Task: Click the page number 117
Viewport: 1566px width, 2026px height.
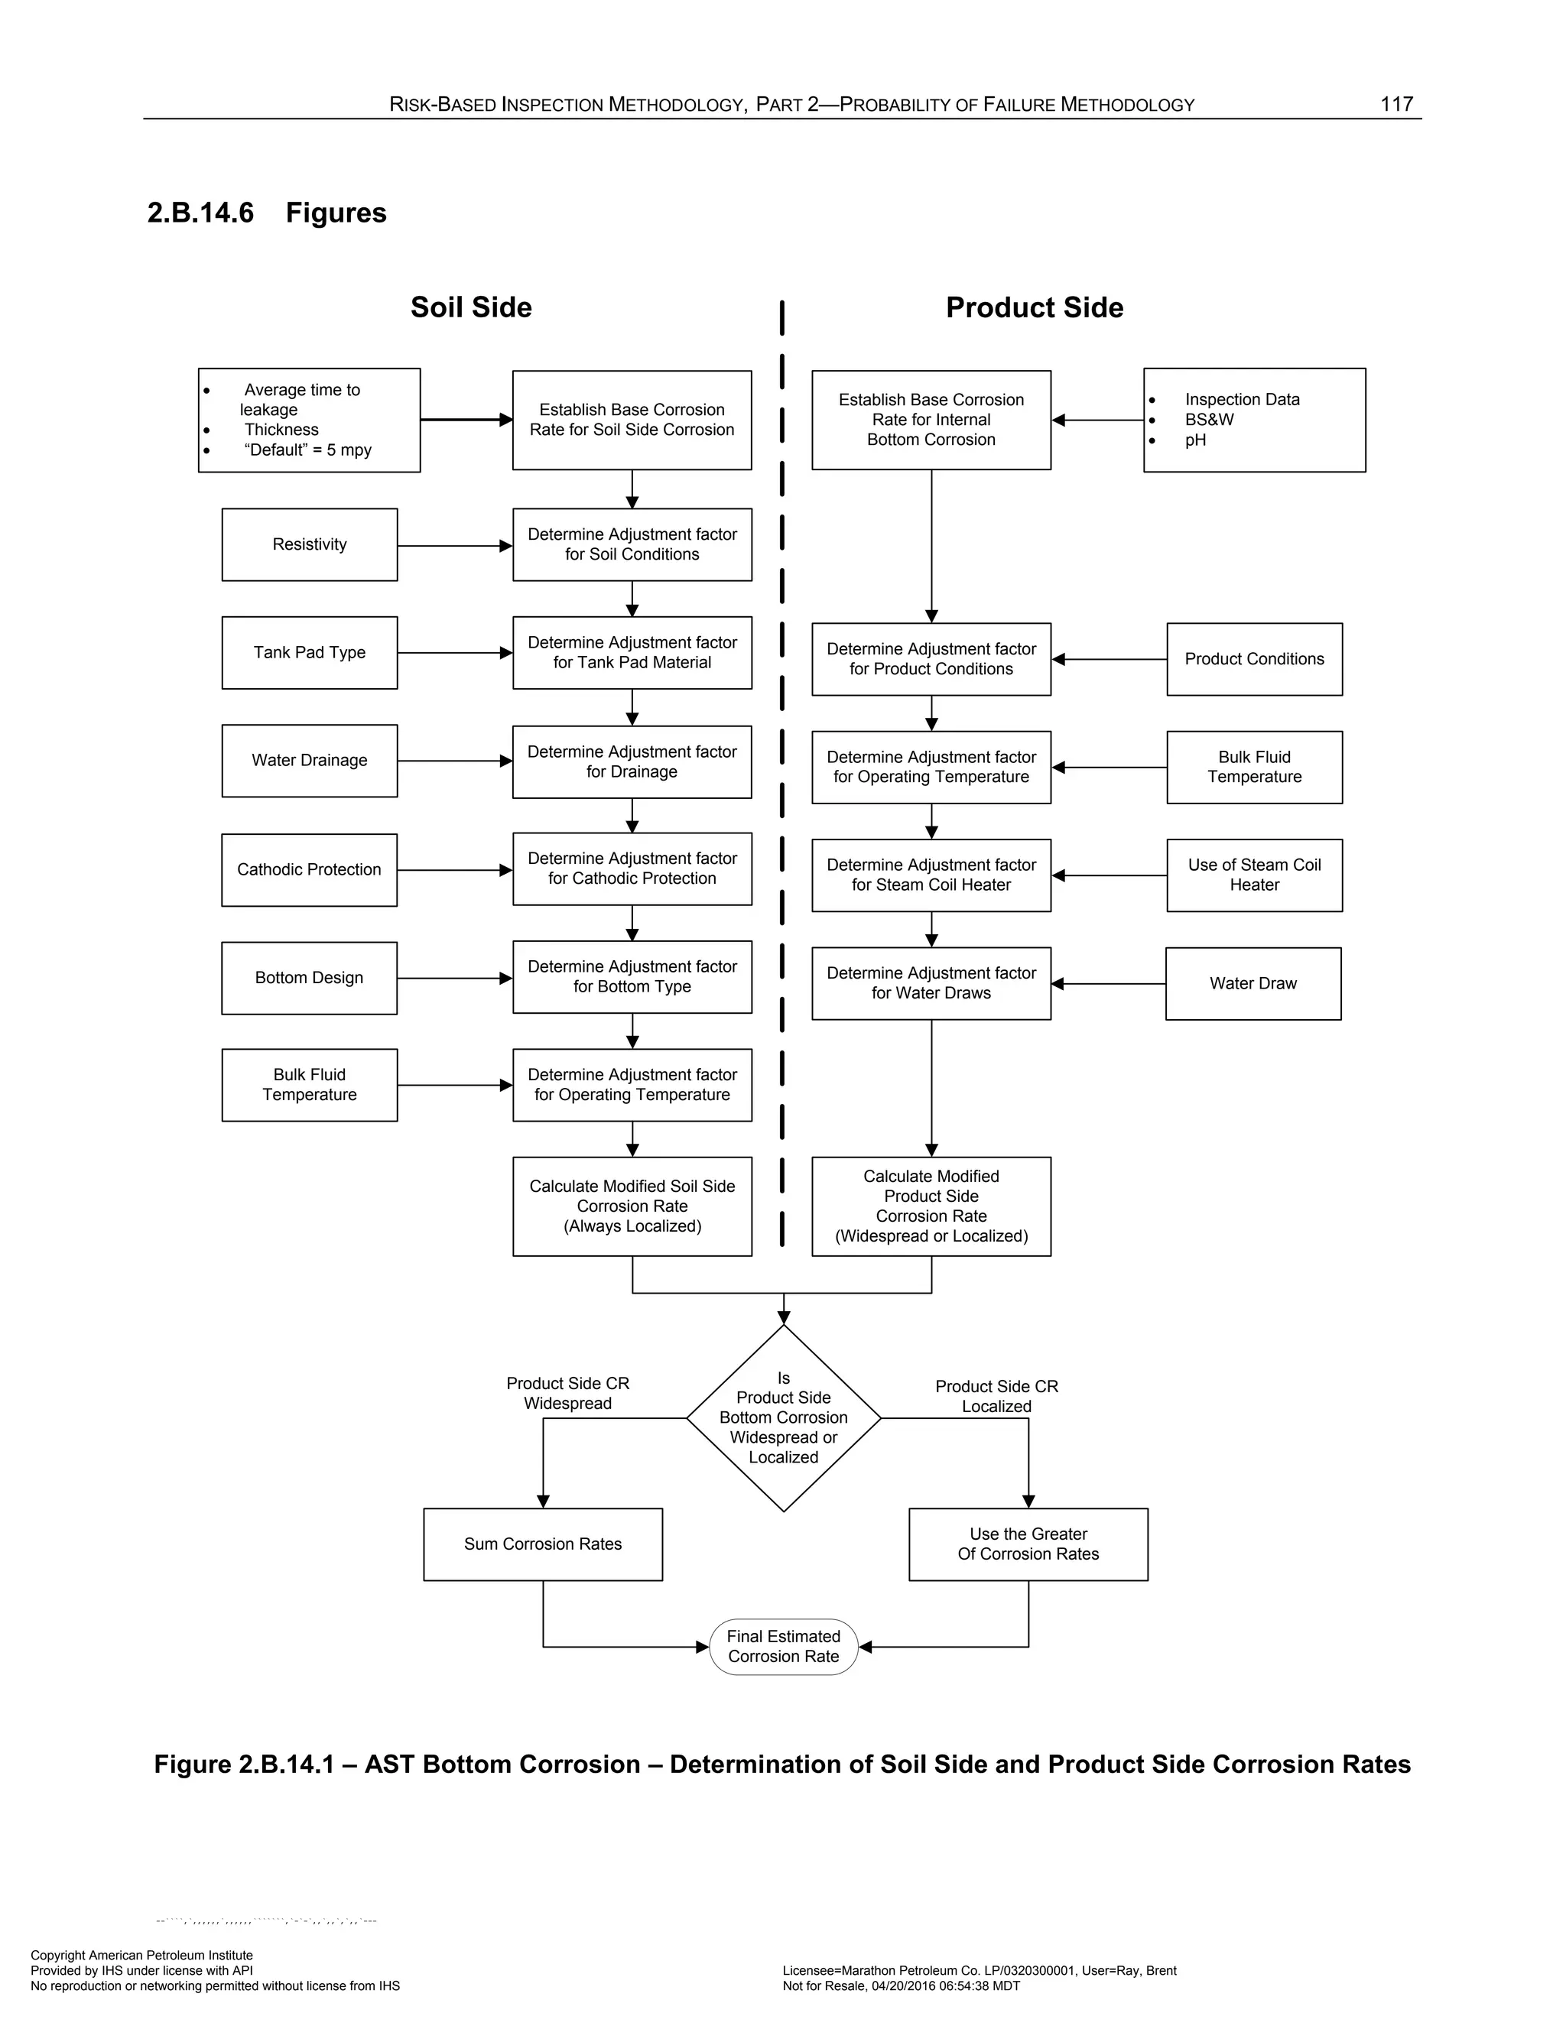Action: tap(1395, 104)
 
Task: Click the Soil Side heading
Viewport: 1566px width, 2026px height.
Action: tap(470, 307)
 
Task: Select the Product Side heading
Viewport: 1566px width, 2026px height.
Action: tap(1034, 307)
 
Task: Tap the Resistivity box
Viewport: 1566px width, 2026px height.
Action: tap(309, 544)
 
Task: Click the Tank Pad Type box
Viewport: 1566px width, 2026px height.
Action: tap(309, 652)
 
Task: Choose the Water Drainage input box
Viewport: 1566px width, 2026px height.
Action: tap(309, 761)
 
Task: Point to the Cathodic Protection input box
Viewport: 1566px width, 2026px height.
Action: tap(309, 869)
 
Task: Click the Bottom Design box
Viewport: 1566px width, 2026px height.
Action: tap(309, 978)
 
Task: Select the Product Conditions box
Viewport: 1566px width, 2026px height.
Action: tap(1253, 658)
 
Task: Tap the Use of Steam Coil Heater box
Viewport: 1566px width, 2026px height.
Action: tap(1253, 875)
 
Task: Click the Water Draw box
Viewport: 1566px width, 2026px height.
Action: tap(1252, 983)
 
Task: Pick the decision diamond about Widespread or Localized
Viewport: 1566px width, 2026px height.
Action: tap(783, 1417)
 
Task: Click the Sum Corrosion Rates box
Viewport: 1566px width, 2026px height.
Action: tap(543, 1544)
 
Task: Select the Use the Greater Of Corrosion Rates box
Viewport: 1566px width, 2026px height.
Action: tap(1028, 1544)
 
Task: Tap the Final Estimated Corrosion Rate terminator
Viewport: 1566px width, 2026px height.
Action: tap(783, 1647)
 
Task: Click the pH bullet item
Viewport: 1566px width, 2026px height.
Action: tap(1195, 440)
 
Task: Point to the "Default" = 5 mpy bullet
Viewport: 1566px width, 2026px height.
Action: tap(307, 450)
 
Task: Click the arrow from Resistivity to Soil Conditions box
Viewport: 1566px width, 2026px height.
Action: tap(455, 545)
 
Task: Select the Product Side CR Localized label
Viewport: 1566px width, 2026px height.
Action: tap(996, 1396)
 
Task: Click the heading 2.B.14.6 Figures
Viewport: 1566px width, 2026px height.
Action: tap(266, 213)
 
